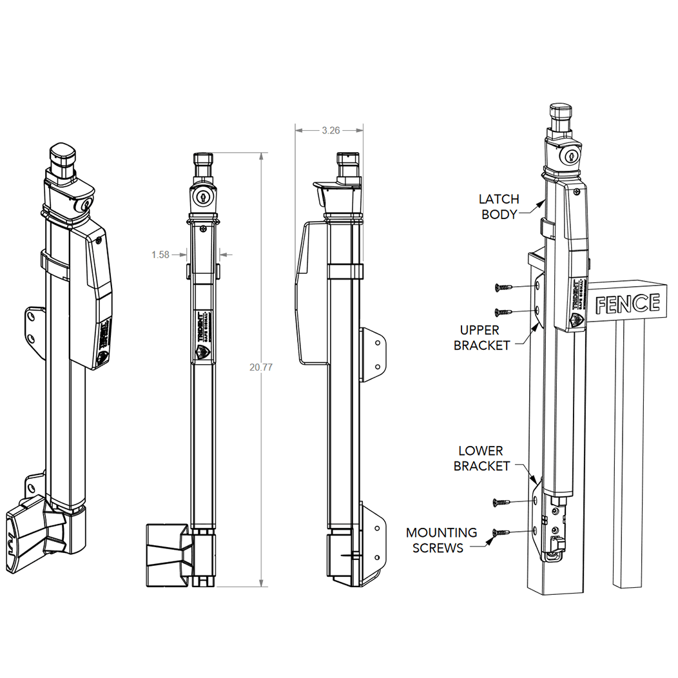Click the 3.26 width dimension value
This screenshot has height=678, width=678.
[330, 130]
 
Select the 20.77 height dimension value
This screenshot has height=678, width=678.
[260, 367]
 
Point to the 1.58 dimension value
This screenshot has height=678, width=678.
[160, 255]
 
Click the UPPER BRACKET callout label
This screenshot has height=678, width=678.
[481, 337]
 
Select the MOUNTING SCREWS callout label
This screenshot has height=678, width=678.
[441, 540]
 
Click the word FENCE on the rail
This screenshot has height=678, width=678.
[627, 303]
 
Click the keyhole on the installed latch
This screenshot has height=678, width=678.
[570, 157]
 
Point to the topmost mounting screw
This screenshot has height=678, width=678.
[503, 287]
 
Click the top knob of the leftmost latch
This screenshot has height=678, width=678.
[63, 153]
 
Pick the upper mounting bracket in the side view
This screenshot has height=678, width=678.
[374, 353]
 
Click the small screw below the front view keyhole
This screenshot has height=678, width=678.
[204, 228]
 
